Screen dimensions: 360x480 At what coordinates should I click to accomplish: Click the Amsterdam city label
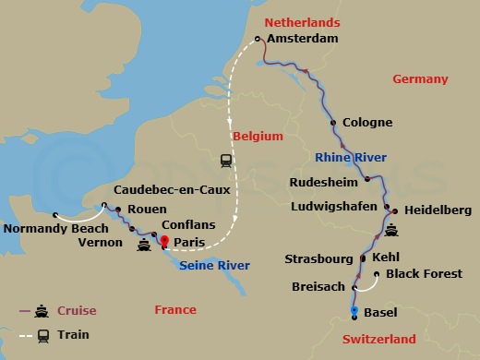[302, 39]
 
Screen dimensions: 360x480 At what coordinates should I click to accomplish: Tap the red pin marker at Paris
[165, 243]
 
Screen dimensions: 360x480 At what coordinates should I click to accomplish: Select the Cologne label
[367, 123]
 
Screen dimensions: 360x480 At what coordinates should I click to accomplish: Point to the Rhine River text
[351, 157]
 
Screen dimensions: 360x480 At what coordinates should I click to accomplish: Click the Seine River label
[214, 266]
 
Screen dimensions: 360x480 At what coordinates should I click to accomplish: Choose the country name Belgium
[257, 136]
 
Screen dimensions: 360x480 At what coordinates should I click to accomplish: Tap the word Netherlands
[302, 22]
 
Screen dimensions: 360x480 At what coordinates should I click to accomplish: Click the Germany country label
[420, 79]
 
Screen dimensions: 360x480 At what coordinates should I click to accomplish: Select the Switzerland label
[378, 339]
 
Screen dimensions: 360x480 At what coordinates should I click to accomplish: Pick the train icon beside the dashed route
[226, 161]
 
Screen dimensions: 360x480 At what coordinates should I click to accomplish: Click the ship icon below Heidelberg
[392, 231]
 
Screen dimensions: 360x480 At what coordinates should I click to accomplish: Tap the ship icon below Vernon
[144, 246]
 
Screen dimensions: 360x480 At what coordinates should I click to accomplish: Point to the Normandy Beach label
[48, 229]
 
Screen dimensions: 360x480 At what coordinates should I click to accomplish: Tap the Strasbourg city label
[321, 258]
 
